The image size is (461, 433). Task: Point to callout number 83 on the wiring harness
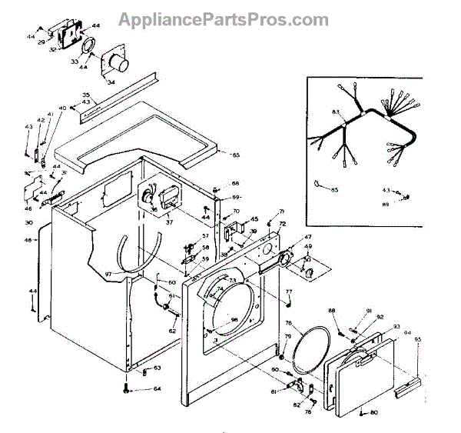(x=335, y=112)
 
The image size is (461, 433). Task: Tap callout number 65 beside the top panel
(x=236, y=155)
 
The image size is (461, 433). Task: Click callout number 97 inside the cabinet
(x=108, y=274)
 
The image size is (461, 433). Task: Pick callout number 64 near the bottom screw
(x=158, y=389)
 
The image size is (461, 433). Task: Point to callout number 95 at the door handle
(x=418, y=339)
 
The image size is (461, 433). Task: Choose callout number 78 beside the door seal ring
(x=289, y=323)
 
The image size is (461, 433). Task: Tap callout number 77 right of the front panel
(x=289, y=291)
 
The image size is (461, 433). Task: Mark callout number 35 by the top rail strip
(x=86, y=95)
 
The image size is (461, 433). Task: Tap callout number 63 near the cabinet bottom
(x=157, y=368)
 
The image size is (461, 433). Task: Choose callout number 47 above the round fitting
(x=307, y=237)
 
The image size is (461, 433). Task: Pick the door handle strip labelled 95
(x=407, y=388)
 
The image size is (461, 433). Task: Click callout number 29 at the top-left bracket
(x=42, y=42)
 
